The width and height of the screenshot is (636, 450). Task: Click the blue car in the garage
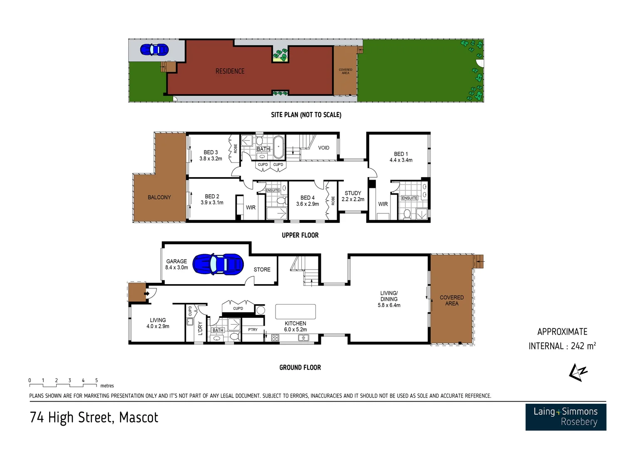218,264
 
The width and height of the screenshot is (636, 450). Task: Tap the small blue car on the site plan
154,50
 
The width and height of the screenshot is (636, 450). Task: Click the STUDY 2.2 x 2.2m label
353,196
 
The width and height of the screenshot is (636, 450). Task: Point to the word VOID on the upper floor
323,148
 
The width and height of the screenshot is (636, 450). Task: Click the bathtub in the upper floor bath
278,147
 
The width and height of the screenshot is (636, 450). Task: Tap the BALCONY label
159,197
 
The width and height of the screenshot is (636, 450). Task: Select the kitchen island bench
296,312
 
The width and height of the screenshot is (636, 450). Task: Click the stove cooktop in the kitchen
275,338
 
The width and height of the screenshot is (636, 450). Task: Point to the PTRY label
253,330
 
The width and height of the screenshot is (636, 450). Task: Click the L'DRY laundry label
200,328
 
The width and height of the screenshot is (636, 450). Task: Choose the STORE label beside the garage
262,270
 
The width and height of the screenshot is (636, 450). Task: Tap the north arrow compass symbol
578,372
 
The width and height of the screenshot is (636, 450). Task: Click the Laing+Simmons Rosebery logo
565,417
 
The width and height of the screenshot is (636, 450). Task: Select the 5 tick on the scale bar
97,380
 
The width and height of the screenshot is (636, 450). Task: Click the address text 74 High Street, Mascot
94,417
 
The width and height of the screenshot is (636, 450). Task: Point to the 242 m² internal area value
583,346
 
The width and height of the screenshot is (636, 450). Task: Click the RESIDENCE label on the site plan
230,71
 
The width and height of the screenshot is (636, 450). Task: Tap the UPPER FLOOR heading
300,235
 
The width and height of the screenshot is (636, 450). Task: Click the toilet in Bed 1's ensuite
407,214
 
